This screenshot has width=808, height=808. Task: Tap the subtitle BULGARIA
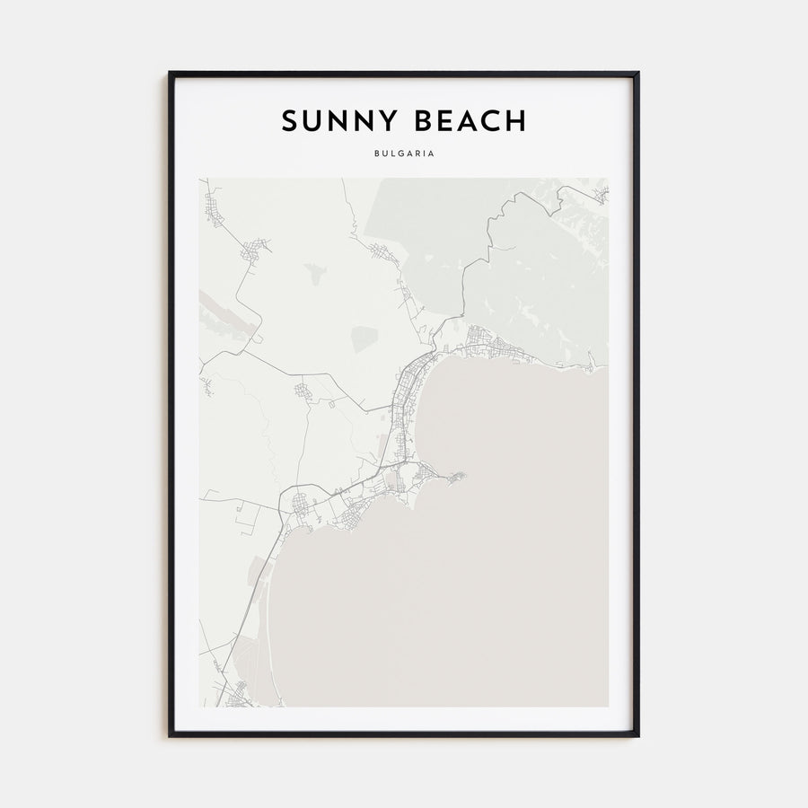[404, 154]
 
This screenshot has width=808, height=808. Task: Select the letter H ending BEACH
[516, 120]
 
